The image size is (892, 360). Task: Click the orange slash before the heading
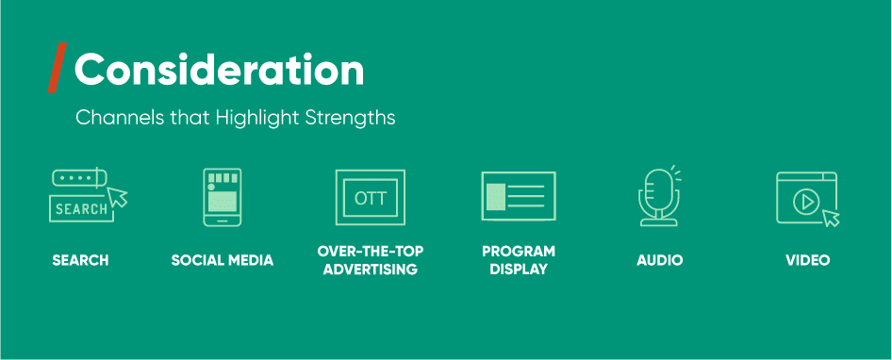(57, 68)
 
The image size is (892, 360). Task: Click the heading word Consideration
(219, 69)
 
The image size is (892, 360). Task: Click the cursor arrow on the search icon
(119, 197)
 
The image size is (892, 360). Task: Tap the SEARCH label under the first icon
(80, 260)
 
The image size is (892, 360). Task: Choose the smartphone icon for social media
(223, 197)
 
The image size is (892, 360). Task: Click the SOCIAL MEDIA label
(223, 260)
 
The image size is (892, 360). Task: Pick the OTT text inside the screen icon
(371, 199)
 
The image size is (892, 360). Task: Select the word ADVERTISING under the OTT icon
(371, 270)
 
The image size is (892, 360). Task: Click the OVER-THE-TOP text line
(371, 252)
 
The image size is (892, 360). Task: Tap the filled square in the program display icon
(495, 197)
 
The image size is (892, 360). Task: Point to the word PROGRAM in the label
(519, 252)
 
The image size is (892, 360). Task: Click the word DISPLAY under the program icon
(519, 270)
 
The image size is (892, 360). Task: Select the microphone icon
(657, 195)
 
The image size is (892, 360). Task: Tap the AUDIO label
(660, 260)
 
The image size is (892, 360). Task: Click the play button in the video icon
(804, 200)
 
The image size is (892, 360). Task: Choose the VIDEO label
(808, 260)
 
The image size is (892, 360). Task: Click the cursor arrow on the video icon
(830, 219)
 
